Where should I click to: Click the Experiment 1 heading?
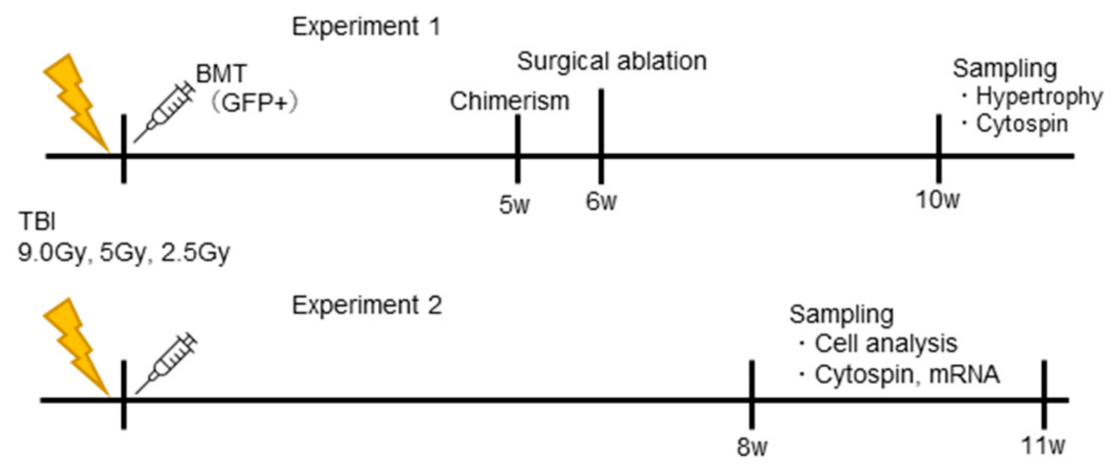click(x=366, y=27)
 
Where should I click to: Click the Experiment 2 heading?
click(x=367, y=306)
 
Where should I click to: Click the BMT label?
click(x=221, y=74)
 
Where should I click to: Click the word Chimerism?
click(x=509, y=101)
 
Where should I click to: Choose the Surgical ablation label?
click(x=612, y=61)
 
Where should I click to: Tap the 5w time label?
click(x=514, y=205)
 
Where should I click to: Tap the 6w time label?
click(x=601, y=202)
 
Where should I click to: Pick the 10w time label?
click(x=938, y=200)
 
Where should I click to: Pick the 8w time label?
click(x=752, y=447)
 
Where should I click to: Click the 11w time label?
click(x=1043, y=446)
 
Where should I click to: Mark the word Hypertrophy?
click(x=1039, y=97)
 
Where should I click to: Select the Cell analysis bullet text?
click(x=885, y=344)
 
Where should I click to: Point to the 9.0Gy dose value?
click(x=51, y=253)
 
